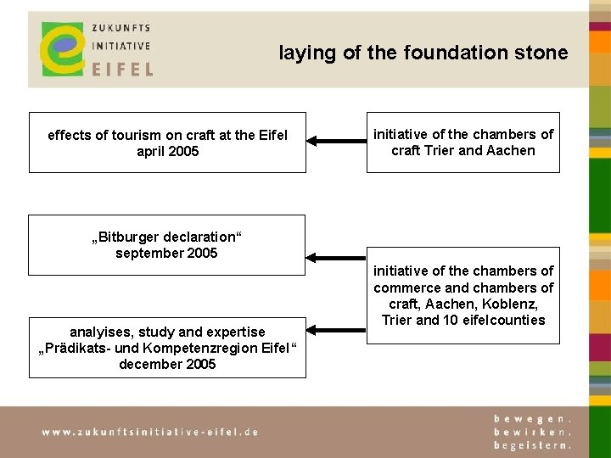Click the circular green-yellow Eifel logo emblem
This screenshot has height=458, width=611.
(x=61, y=48)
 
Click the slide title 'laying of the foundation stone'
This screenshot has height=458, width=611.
(x=423, y=53)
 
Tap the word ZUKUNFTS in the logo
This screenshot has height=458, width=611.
(x=121, y=27)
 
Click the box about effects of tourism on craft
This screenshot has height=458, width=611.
(x=167, y=142)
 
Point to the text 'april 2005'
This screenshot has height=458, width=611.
(x=167, y=151)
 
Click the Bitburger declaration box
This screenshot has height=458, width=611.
(x=167, y=244)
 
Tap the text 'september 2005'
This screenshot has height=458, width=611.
(x=167, y=253)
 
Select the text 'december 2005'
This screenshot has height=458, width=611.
(x=167, y=365)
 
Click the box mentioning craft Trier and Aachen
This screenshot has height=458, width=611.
(x=462, y=142)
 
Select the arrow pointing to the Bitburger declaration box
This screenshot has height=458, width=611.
(x=336, y=255)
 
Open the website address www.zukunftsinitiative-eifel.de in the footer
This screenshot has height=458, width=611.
(x=150, y=431)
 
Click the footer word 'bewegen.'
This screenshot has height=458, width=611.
(x=533, y=419)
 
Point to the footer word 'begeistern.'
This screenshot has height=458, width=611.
(x=533, y=444)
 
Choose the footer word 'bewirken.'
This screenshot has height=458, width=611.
(x=533, y=431)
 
